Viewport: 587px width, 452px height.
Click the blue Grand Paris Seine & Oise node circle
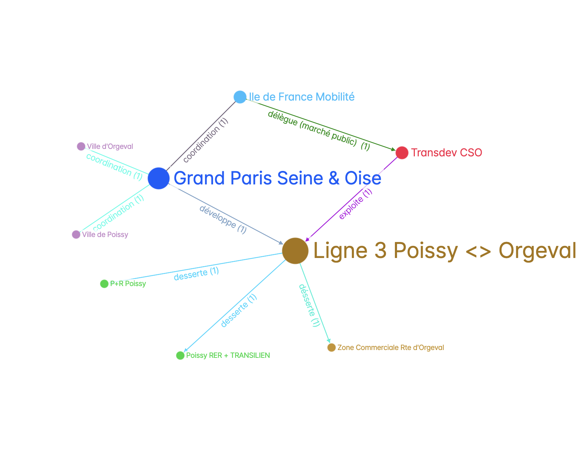pos(159,178)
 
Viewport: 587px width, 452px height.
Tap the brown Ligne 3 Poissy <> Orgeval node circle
pos(295,251)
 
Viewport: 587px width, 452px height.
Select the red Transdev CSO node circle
pos(402,153)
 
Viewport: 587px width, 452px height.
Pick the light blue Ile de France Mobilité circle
pos(240,97)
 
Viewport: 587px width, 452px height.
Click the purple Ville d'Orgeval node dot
pos(81,146)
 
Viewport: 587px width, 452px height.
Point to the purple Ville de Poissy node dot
pos(76,235)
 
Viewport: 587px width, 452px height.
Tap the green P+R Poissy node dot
pos(104,284)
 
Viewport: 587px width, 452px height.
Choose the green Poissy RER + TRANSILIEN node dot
pos(180,355)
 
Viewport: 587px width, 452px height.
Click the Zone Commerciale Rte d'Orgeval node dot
pos(332,348)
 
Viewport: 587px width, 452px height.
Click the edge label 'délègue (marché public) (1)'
pos(319,131)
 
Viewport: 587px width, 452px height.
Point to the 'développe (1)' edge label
pos(223,220)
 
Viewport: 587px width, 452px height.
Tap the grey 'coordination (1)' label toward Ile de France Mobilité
pos(206,140)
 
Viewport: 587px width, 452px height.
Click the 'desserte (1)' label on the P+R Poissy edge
pos(196,274)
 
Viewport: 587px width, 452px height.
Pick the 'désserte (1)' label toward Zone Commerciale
pos(310,305)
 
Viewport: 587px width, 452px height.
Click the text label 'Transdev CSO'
pos(446,153)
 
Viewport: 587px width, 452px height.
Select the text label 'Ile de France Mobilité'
pos(302,97)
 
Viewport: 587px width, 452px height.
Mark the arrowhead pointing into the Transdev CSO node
pos(393,149)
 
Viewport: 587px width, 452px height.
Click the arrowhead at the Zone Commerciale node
pos(328,341)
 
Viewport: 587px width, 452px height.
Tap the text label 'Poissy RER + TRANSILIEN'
pos(228,355)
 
